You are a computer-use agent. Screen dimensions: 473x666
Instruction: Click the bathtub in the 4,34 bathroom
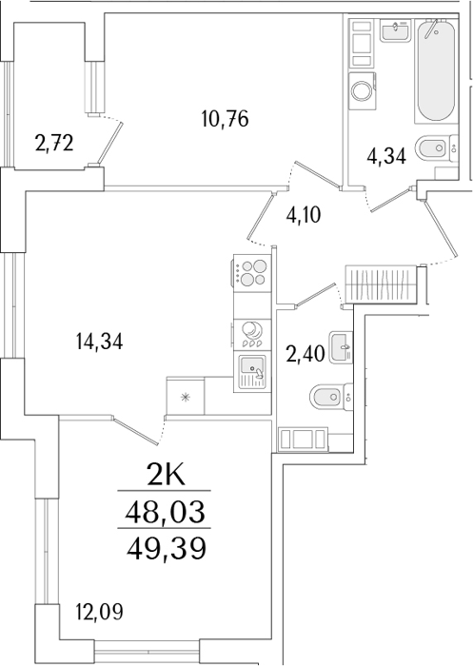(x=436, y=71)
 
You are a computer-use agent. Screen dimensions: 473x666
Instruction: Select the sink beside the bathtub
(x=396, y=31)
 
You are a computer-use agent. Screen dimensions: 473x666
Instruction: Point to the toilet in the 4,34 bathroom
(x=438, y=148)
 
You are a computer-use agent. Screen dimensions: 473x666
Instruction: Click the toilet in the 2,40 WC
(x=331, y=397)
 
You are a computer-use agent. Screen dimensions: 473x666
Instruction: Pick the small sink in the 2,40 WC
(x=342, y=347)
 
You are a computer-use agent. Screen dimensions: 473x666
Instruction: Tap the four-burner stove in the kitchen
(x=252, y=273)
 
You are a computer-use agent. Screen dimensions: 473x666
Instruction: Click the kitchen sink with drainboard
(x=252, y=373)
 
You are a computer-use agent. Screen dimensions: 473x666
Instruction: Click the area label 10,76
(x=226, y=119)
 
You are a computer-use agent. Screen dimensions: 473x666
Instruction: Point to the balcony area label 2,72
(x=54, y=144)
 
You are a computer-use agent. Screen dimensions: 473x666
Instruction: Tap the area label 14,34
(x=99, y=342)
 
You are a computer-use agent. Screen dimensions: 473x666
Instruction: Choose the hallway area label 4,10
(x=304, y=215)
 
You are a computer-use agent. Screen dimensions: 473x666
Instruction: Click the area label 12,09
(x=99, y=612)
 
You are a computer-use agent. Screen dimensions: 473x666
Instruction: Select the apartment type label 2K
(x=166, y=475)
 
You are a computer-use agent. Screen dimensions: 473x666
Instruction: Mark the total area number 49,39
(x=167, y=548)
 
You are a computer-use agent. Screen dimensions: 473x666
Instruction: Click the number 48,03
(x=166, y=512)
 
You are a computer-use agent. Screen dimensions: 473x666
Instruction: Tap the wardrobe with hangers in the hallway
(x=381, y=284)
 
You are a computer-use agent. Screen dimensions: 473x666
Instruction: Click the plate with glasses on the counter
(x=252, y=334)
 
